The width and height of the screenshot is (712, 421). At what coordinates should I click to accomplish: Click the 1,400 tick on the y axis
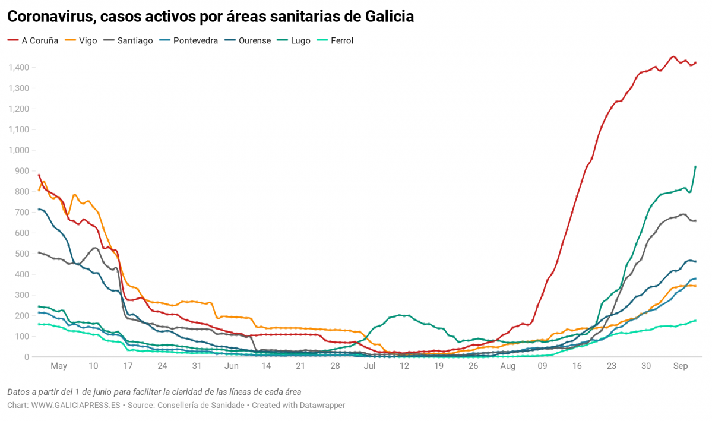tap(20, 68)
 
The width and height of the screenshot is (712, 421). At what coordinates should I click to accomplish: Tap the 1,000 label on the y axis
tap(20, 150)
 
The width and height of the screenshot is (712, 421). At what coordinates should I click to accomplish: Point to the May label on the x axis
tap(59, 366)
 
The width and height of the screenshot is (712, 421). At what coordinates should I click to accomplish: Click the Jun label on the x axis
tap(232, 366)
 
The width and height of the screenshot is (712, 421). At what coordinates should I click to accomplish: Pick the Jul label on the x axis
tap(370, 366)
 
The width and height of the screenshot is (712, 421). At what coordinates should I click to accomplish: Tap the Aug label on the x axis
tap(508, 366)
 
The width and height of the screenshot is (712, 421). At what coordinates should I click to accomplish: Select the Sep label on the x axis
tap(681, 366)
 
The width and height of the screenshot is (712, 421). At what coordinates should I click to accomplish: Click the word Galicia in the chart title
tap(387, 17)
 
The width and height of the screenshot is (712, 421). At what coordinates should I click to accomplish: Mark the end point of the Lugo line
tap(695, 167)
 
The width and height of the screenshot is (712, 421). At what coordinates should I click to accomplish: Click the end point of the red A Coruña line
tap(695, 62)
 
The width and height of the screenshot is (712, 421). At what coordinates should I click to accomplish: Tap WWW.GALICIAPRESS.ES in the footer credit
tap(75, 405)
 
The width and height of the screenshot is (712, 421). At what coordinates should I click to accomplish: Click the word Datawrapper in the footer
tap(321, 405)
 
